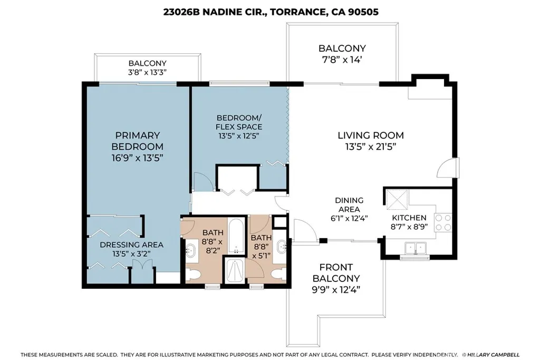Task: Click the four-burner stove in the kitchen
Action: (443, 222)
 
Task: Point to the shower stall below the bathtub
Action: (234, 271)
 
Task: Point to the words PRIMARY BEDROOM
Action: (137, 141)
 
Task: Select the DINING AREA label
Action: (349, 205)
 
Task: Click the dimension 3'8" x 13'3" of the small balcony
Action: (148, 73)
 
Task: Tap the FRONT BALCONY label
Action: (336, 273)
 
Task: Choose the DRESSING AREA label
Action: (131, 245)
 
